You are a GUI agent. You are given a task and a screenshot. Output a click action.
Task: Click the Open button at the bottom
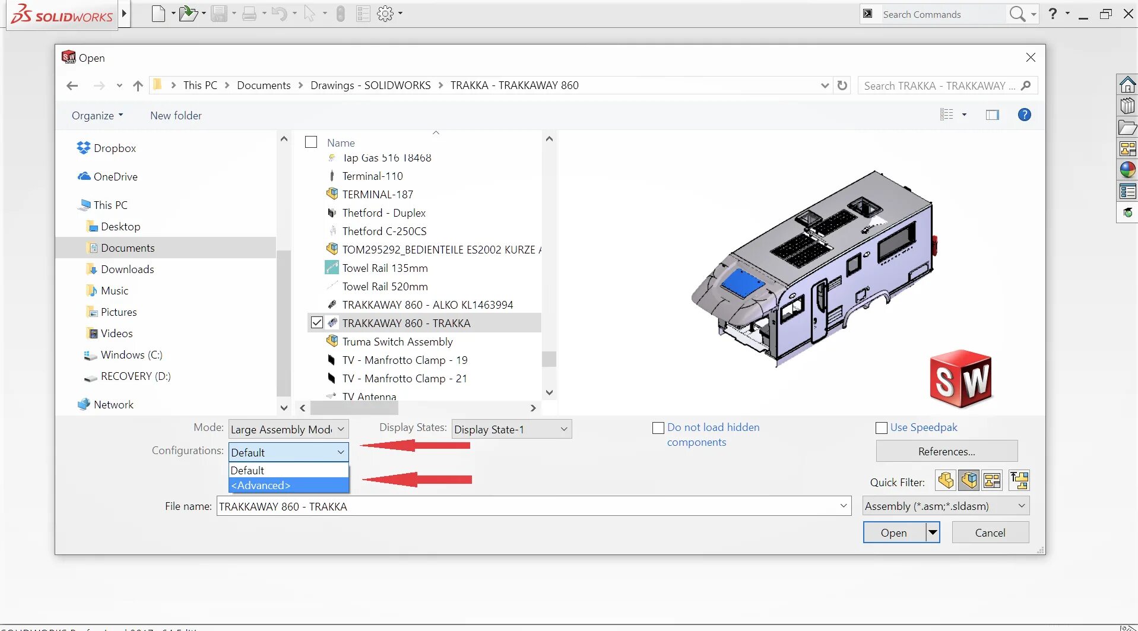(x=893, y=532)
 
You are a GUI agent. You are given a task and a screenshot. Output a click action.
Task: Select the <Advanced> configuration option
(x=288, y=486)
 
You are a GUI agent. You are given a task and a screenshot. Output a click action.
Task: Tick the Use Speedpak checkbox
(x=882, y=428)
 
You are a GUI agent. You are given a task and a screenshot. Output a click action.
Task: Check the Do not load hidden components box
(x=658, y=428)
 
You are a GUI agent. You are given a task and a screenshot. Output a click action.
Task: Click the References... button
(x=946, y=452)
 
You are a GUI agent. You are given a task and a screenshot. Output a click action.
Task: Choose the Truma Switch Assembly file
(x=397, y=342)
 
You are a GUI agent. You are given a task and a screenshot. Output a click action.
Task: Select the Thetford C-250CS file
(x=384, y=232)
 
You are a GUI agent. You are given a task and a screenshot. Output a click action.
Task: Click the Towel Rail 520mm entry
(x=385, y=287)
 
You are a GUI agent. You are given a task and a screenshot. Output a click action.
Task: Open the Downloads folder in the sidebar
(x=127, y=269)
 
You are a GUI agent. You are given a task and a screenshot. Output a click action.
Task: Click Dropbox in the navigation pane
(x=115, y=148)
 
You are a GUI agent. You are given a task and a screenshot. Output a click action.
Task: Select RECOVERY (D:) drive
(x=135, y=376)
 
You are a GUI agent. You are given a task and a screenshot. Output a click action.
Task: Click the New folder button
(x=176, y=116)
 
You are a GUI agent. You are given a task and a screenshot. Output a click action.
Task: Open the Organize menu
(x=97, y=116)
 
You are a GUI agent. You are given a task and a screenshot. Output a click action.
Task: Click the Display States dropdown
(x=511, y=429)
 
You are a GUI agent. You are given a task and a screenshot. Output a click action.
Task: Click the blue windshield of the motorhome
(x=742, y=281)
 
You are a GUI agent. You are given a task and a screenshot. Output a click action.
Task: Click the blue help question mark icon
(x=1024, y=115)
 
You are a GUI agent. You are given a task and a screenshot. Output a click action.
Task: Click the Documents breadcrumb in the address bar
(x=264, y=85)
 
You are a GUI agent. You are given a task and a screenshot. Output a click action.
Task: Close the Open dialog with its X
(x=1031, y=58)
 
